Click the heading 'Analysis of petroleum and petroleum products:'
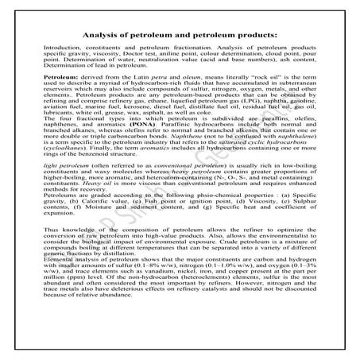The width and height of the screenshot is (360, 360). [180, 35]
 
